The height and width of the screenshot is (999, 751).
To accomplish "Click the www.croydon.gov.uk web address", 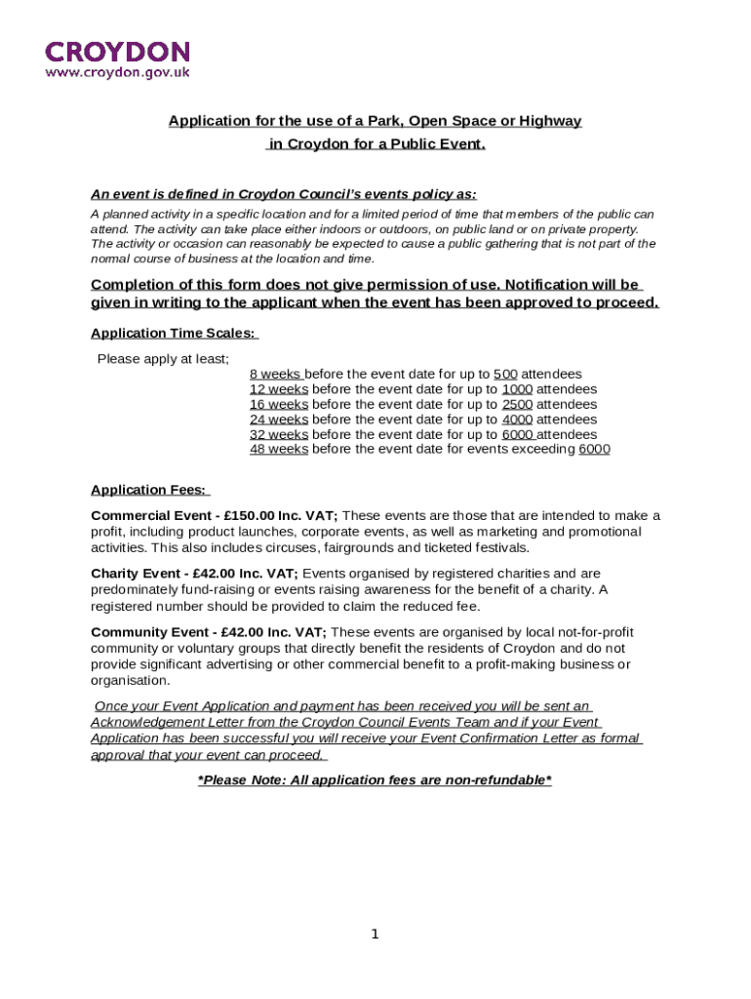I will click(x=117, y=72).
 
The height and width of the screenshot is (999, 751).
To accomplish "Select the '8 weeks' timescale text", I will click(x=276, y=375).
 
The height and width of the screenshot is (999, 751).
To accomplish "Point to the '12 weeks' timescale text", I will click(x=279, y=389).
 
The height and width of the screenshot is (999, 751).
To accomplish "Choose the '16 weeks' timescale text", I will click(x=279, y=405).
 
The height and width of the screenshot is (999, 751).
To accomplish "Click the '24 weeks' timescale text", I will click(x=279, y=420).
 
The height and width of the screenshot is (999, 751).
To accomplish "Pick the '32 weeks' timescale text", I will click(x=279, y=434).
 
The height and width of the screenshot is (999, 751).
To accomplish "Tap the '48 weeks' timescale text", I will click(x=279, y=449).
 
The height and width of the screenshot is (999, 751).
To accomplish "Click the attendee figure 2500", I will click(x=517, y=405).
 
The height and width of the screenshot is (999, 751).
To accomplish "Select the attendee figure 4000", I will click(x=517, y=420).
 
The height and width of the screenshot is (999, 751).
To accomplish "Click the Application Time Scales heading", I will click(x=174, y=334).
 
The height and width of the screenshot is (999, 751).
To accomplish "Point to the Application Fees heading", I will click(x=148, y=491).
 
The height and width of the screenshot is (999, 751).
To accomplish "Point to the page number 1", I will click(x=375, y=935).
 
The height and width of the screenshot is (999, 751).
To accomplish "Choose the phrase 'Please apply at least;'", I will click(x=163, y=359).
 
